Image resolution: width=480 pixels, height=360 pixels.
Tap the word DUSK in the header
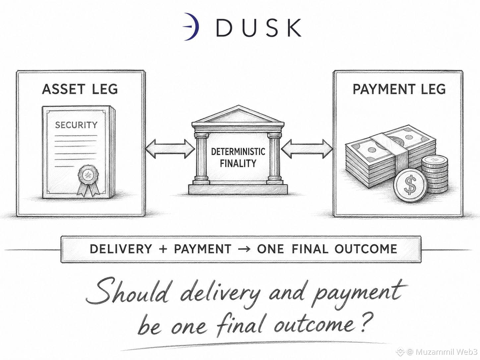pos(258,28)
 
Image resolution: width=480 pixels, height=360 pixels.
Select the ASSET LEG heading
pos(80,89)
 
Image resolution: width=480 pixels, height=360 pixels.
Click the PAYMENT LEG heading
pos(399,89)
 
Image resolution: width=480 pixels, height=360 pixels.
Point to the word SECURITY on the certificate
pos(76,125)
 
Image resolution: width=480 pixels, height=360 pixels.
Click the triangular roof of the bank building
pos(238,115)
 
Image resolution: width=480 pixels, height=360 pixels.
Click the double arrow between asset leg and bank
pos(170,149)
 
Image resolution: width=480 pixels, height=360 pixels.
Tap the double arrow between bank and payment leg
pos(307,149)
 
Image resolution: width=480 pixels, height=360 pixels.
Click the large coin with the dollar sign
pos(410,185)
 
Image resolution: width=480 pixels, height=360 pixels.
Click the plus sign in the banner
pos(163,249)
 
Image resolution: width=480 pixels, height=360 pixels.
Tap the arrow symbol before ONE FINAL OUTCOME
pos(244,249)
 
